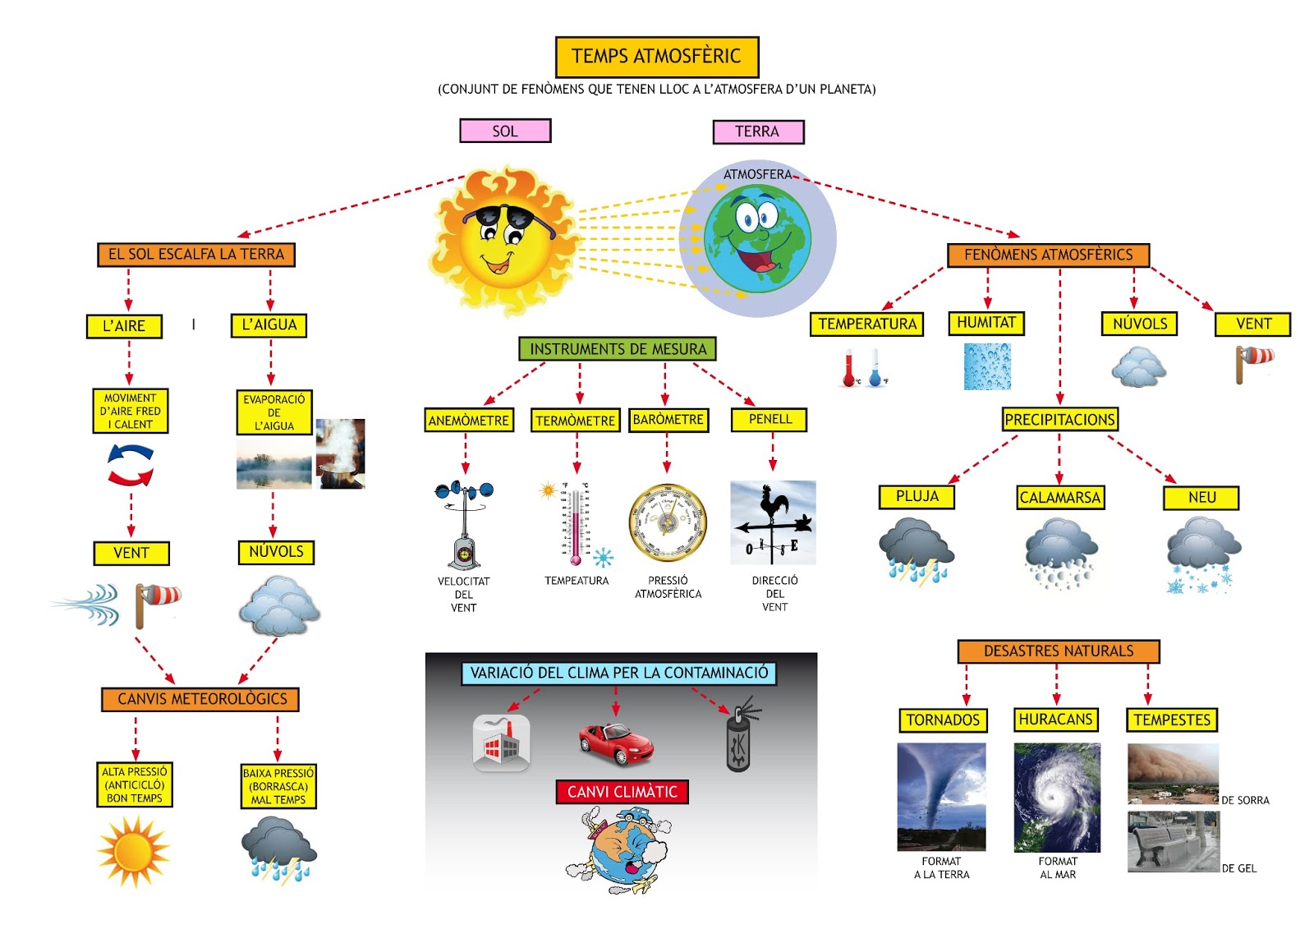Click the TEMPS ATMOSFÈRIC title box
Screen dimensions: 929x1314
[x=656, y=57]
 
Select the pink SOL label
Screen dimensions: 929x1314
[x=505, y=131]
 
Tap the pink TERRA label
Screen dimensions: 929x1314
[x=757, y=131]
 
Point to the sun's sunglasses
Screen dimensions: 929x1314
[x=508, y=218]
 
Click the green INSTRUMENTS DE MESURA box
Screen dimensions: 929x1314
[x=618, y=349]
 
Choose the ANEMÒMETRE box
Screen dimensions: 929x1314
[x=468, y=421]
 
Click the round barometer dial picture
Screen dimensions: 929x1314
[x=667, y=523]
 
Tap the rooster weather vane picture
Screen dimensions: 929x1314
[x=773, y=522]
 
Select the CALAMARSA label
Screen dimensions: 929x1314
[x=1059, y=498]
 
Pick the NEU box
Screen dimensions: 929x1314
[x=1201, y=498]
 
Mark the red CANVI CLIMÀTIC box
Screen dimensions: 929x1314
[x=623, y=792]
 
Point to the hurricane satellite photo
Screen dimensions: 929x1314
[x=1057, y=797]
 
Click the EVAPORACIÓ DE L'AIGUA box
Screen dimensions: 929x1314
[x=274, y=412]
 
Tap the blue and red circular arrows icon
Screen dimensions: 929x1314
[x=131, y=465]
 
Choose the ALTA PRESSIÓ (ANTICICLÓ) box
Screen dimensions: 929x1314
[x=135, y=784]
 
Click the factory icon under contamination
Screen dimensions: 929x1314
[x=501, y=743]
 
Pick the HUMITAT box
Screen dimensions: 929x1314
[x=986, y=323]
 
